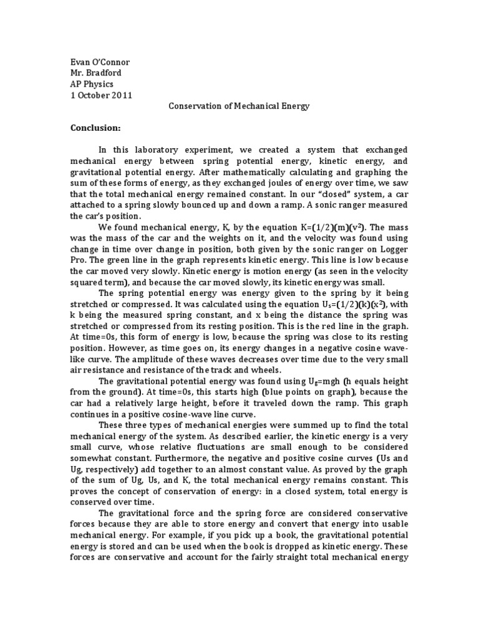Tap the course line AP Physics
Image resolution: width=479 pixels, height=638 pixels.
point(92,83)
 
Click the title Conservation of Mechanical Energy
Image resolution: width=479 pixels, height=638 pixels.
point(239,106)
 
